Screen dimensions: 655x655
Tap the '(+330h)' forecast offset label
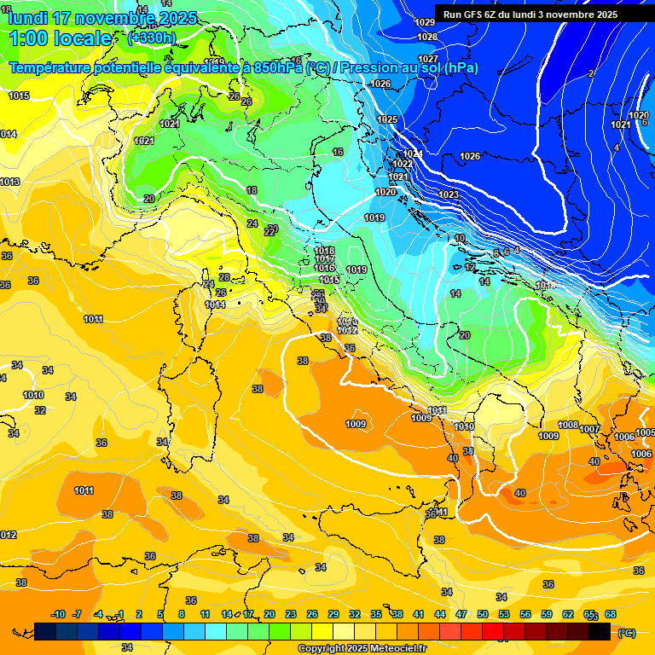point(152,38)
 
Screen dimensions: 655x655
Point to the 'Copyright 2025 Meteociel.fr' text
point(362,648)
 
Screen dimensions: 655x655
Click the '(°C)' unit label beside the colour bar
point(626,633)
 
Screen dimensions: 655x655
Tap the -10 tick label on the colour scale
point(58,614)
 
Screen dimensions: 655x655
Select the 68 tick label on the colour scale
point(611,614)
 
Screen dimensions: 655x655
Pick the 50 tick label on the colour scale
point(483,614)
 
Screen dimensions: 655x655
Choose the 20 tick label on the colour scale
point(270,614)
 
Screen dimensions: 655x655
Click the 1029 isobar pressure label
point(425,22)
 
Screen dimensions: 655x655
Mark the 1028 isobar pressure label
point(427,37)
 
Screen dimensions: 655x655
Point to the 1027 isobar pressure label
point(429,58)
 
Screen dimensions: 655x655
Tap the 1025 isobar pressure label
point(387,119)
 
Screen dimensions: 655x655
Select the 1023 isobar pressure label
point(449,195)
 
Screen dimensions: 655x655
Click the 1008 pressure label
point(568,425)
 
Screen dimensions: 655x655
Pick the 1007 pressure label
point(589,429)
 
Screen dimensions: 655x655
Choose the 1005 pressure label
point(645,433)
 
